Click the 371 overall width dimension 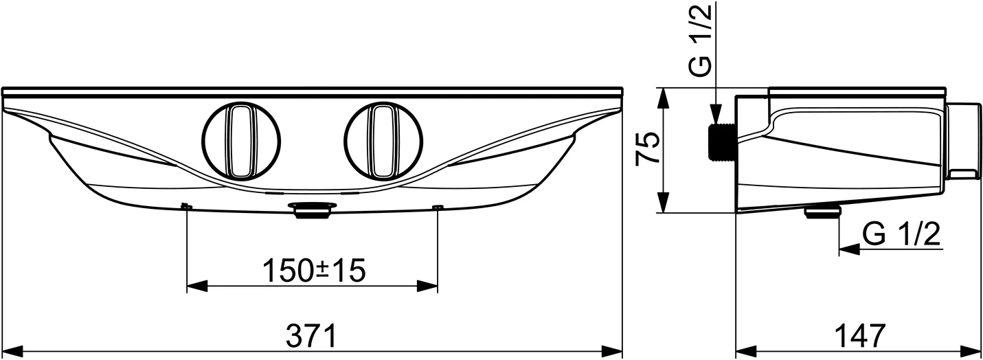311,337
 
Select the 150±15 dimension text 314,271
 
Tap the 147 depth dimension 860,337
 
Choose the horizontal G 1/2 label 901,234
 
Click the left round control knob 241,142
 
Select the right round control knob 383,142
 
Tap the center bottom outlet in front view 313,210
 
